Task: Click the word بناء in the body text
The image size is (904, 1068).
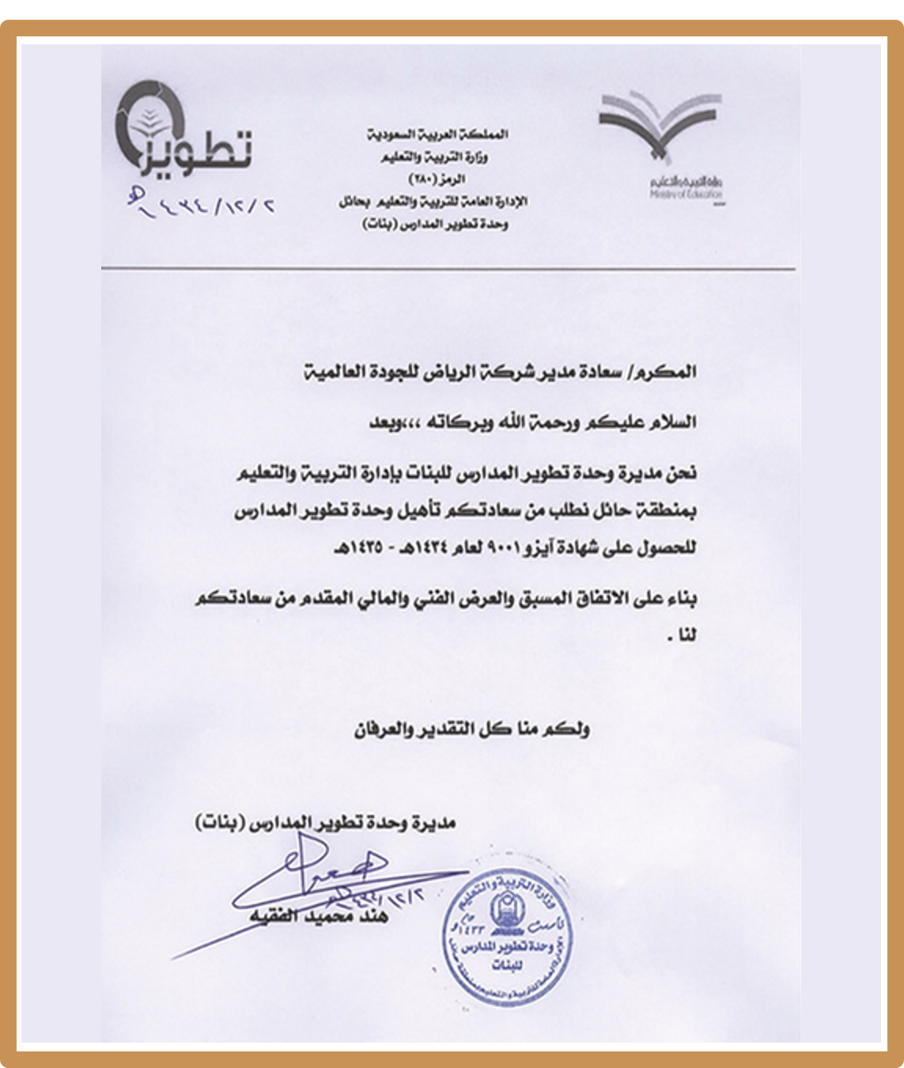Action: coord(679,599)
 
